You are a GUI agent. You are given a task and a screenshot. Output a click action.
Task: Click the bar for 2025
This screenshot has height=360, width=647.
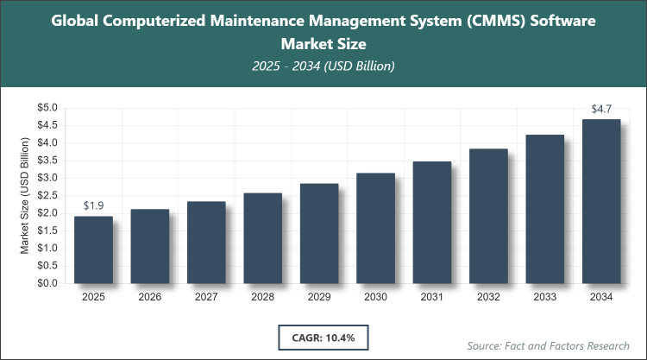point(93,249)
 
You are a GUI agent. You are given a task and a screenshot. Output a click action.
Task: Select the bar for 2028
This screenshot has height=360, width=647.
point(262,238)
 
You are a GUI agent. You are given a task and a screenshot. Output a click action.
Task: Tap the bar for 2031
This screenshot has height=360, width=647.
point(432,222)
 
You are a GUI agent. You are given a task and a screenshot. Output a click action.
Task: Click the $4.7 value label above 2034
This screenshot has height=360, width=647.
point(601,109)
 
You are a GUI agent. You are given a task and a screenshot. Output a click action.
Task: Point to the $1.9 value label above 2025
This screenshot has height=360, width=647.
point(93,205)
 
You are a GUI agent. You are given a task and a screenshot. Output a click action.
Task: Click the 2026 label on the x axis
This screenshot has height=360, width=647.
point(149,297)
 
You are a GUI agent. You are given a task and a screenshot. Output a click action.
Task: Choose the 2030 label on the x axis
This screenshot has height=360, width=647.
point(375,297)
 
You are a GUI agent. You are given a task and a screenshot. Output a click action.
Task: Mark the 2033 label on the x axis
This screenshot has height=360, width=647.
point(544,297)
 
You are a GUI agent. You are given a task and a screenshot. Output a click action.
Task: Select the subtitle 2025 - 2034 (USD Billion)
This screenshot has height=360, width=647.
point(323,66)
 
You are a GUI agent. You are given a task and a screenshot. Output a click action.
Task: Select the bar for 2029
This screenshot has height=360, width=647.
point(319,233)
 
